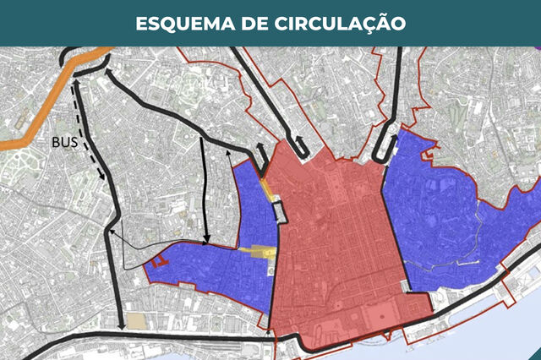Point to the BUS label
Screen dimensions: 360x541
click(x=64, y=143)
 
